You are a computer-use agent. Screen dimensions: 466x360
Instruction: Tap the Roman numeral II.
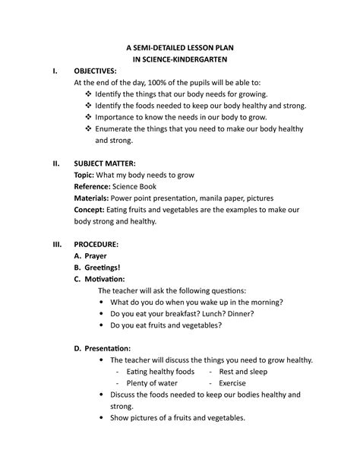pos(55,163)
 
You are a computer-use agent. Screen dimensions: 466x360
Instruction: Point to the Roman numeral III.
pos(56,244)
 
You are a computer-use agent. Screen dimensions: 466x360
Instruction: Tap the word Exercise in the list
pos(233,383)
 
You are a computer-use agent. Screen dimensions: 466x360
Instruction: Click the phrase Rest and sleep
pos(243,372)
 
